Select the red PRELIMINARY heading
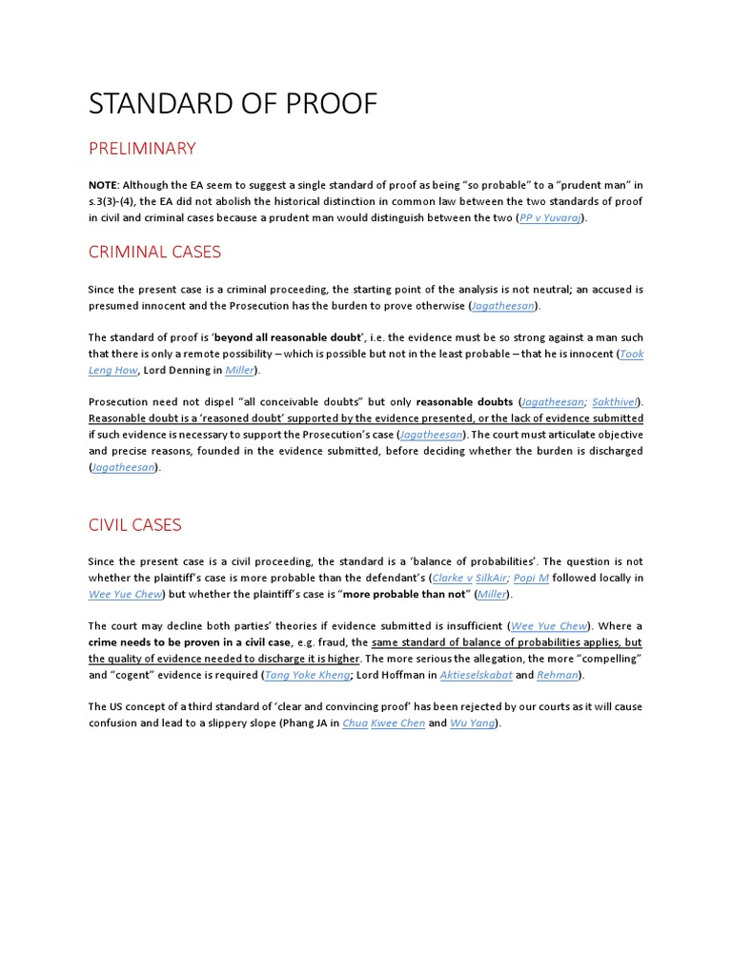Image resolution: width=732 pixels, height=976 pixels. coord(142,149)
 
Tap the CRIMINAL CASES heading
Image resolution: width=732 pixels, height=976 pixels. coord(154,252)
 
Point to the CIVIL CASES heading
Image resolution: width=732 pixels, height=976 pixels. coord(134,524)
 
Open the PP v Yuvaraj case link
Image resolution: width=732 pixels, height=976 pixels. coord(550,217)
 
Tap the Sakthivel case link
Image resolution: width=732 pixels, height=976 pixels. coord(615,402)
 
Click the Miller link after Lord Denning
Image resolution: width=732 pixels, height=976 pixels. coord(240,370)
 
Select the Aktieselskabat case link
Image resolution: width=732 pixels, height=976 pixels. coord(475,675)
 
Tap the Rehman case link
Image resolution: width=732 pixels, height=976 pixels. coord(557,675)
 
